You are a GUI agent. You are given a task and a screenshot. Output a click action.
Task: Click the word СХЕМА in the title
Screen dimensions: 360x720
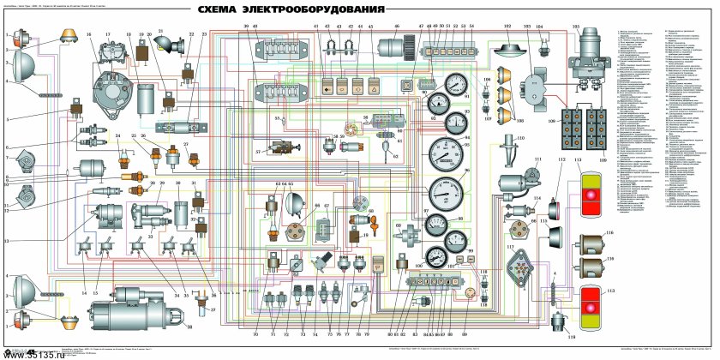point(225,11)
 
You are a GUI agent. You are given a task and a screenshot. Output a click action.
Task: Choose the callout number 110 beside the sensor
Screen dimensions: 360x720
point(521,137)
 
